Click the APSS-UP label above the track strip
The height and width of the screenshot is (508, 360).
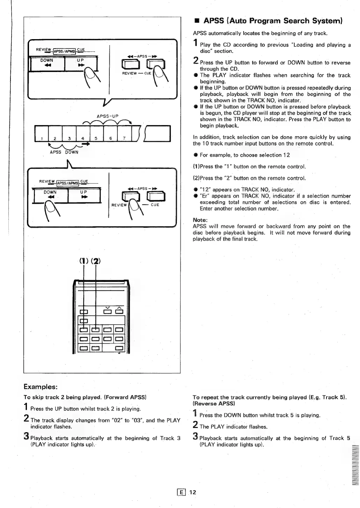tap(107, 116)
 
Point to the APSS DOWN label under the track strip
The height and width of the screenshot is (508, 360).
tap(64, 152)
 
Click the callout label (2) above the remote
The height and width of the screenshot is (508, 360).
tap(96, 261)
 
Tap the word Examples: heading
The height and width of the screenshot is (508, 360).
tap(40, 387)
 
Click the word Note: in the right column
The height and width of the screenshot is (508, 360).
tap(200, 220)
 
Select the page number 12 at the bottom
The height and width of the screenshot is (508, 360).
tap(193, 492)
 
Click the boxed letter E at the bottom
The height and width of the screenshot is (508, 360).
tap(181, 492)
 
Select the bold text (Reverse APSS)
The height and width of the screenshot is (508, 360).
tap(214, 404)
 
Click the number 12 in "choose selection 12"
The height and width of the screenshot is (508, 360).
tap(287, 155)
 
